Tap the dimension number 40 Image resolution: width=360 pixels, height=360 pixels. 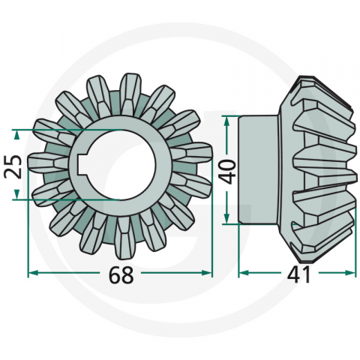click(228, 171)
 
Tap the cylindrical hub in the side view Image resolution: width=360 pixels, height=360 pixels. click(259, 169)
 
